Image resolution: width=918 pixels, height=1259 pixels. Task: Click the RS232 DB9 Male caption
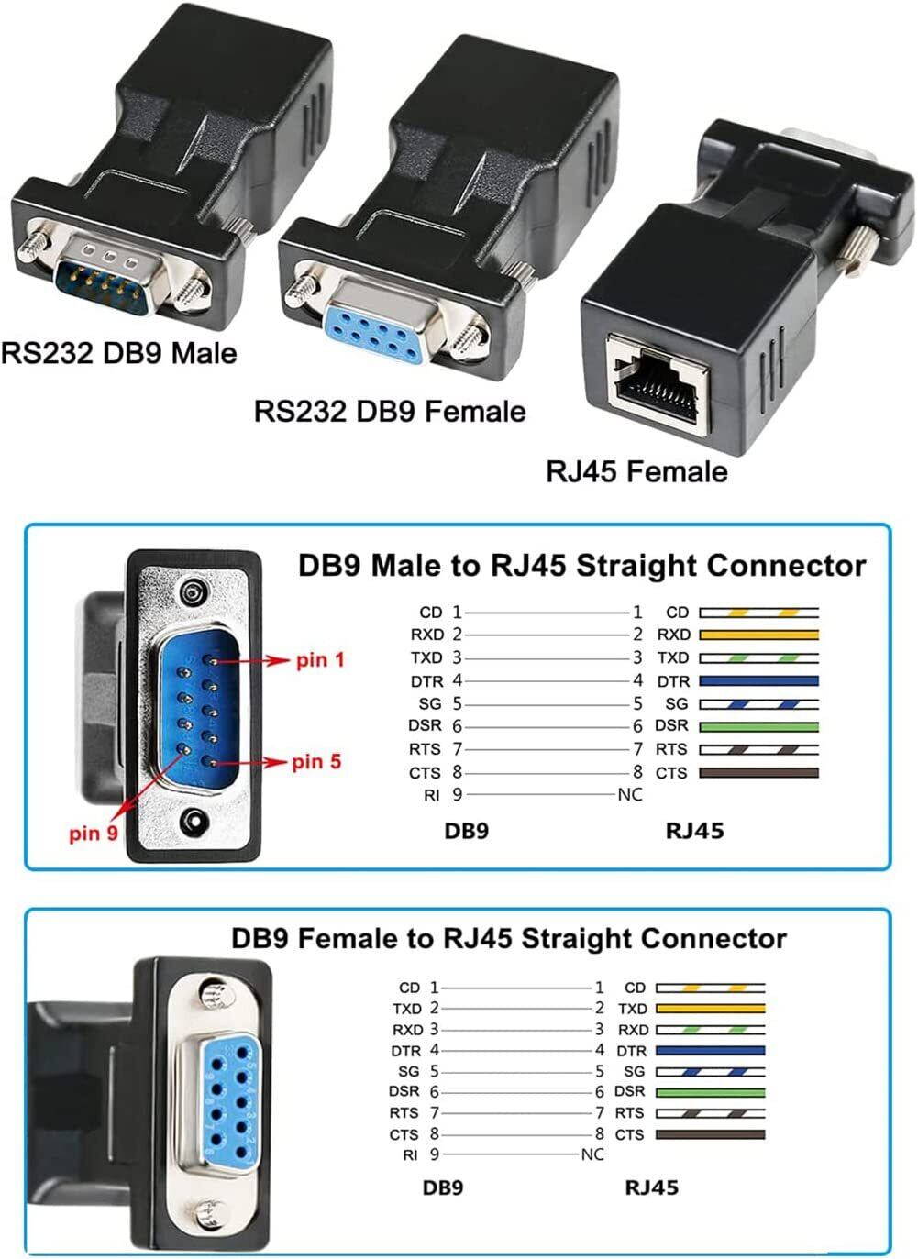[119, 353]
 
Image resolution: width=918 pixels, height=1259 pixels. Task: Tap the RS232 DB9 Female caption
[390, 411]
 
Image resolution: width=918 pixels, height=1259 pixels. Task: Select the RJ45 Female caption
[636, 471]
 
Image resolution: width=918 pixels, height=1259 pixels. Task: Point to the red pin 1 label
[320, 660]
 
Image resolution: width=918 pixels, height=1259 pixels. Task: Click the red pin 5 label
[316, 762]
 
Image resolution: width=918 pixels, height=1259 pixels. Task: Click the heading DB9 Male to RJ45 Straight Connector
[581, 566]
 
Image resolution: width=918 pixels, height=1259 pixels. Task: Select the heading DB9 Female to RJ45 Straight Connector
[509, 939]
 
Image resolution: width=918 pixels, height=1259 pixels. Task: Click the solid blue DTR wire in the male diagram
[758, 681]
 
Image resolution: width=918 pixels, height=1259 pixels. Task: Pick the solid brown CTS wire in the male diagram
[758, 773]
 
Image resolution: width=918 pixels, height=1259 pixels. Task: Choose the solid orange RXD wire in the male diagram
[758, 635]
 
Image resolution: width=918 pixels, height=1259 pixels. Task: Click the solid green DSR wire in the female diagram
[711, 1092]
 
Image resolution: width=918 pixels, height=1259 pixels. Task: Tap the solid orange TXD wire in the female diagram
[711, 1009]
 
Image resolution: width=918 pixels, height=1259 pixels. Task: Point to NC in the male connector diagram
[629, 795]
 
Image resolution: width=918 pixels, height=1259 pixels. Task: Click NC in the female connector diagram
[592, 1154]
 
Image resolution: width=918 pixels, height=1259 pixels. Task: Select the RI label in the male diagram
[431, 796]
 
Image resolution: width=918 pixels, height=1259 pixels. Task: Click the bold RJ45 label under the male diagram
[694, 832]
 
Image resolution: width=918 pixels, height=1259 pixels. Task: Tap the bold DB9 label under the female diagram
[443, 1188]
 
